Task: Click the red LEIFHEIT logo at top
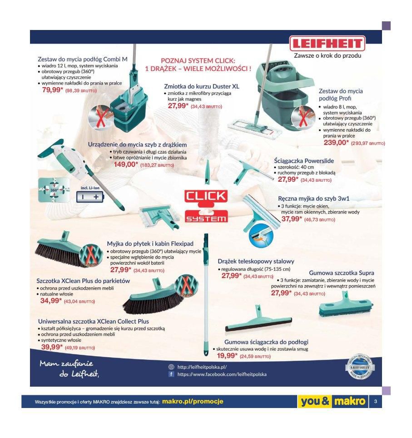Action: click(x=328, y=45)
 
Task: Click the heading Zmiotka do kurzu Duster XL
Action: click(x=201, y=85)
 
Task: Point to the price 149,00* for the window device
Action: click(x=126, y=164)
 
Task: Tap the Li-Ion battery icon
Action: click(x=90, y=197)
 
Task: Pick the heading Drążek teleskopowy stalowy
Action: click(x=256, y=261)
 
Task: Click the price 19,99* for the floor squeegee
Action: click(x=228, y=356)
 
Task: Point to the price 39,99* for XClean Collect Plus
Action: click(x=52, y=347)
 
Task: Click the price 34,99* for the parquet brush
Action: click(x=51, y=300)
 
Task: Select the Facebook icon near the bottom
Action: click(x=171, y=374)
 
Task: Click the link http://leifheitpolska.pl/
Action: click(x=202, y=367)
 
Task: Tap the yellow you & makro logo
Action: click(x=333, y=402)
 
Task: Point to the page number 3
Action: click(x=375, y=402)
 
